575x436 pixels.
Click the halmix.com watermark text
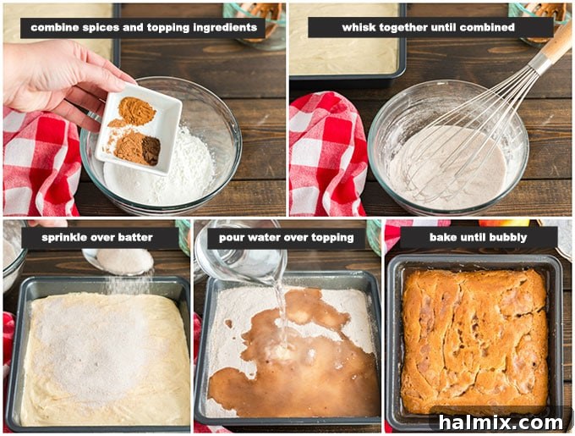tap(501, 422)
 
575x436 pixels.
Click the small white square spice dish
tap(139, 130)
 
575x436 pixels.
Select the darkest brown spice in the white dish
tap(151, 150)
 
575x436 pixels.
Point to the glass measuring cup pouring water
tap(242, 253)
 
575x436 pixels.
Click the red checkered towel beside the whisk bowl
tap(327, 154)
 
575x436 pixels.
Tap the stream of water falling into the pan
tap(282, 312)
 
